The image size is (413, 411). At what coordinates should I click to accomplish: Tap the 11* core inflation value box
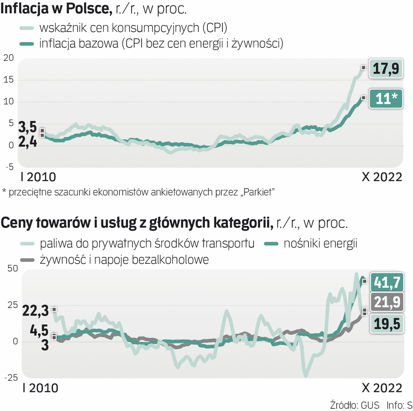(x=386, y=99)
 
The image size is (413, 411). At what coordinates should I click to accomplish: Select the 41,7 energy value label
(x=386, y=282)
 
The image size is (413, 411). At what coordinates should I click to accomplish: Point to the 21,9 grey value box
(x=386, y=303)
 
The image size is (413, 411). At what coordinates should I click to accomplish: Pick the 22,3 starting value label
(x=36, y=311)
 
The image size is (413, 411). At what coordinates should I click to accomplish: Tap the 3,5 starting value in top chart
(x=28, y=126)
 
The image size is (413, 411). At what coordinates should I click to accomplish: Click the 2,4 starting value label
(x=28, y=143)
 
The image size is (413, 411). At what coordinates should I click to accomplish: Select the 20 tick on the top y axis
(x=8, y=58)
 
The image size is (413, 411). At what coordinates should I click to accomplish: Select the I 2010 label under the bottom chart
(x=40, y=388)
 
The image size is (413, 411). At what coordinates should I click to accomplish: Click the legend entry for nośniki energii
(x=320, y=244)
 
